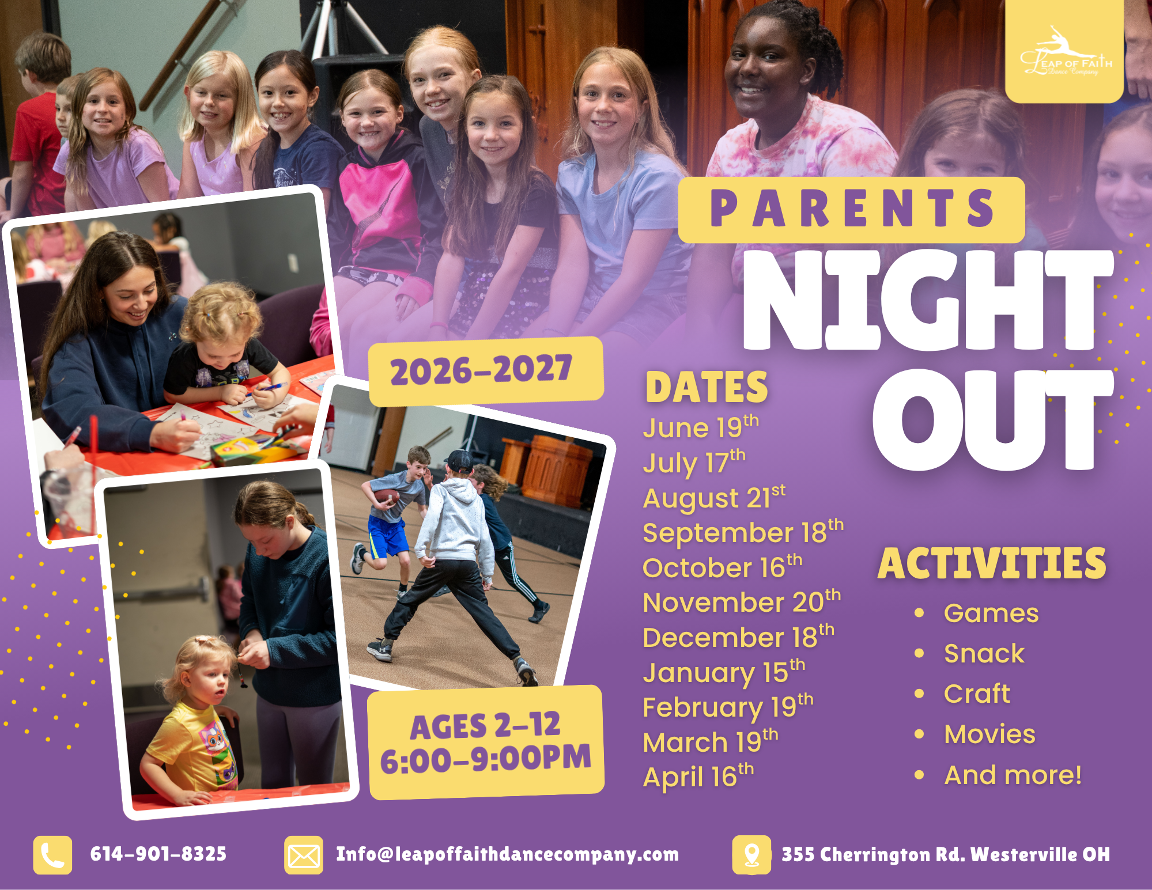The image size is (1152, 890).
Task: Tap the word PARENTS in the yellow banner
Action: coord(852,209)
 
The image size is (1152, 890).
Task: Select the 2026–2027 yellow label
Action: coord(486,371)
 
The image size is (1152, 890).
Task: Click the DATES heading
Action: coord(707,387)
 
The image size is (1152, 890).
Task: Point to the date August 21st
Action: coord(714,498)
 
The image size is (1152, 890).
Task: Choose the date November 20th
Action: coord(742,602)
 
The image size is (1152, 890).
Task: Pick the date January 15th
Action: coord(724,672)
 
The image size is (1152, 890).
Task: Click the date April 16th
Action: coord(698,777)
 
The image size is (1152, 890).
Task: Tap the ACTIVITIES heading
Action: coord(992,563)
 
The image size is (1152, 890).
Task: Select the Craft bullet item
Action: coord(977,694)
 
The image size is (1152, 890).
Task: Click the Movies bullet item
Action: coord(989,734)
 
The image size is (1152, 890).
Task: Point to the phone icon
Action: coord(52,855)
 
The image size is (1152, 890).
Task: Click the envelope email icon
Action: coord(304,855)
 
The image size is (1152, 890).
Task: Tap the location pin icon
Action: coord(751,855)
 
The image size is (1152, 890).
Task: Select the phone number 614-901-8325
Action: coord(158,854)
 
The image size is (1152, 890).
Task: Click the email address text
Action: coord(507,854)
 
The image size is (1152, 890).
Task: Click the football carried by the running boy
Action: coord(386,496)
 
